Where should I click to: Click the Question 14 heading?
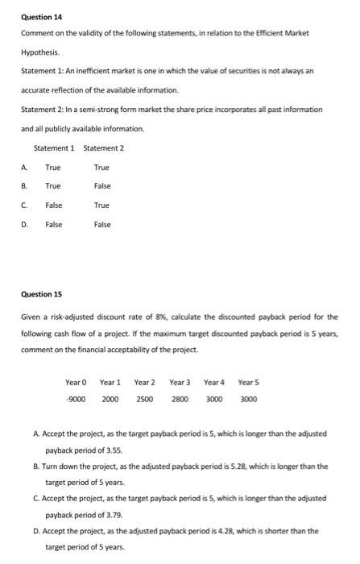pyautogui.click(x=41, y=17)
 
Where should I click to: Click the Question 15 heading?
pyautogui.click(x=41, y=294)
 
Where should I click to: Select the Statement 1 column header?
pyautogui.click(x=54, y=147)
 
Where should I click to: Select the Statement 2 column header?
pyautogui.click(x=104, y=147)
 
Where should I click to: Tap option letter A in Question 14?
pyautogui.click(x=24, y=167)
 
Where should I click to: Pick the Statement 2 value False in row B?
pyautogui.click(x=102, y=186)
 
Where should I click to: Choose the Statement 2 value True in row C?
pyautogui.click(x=101, y=205)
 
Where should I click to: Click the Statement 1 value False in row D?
pyautogui.click(x=54, y=225)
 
